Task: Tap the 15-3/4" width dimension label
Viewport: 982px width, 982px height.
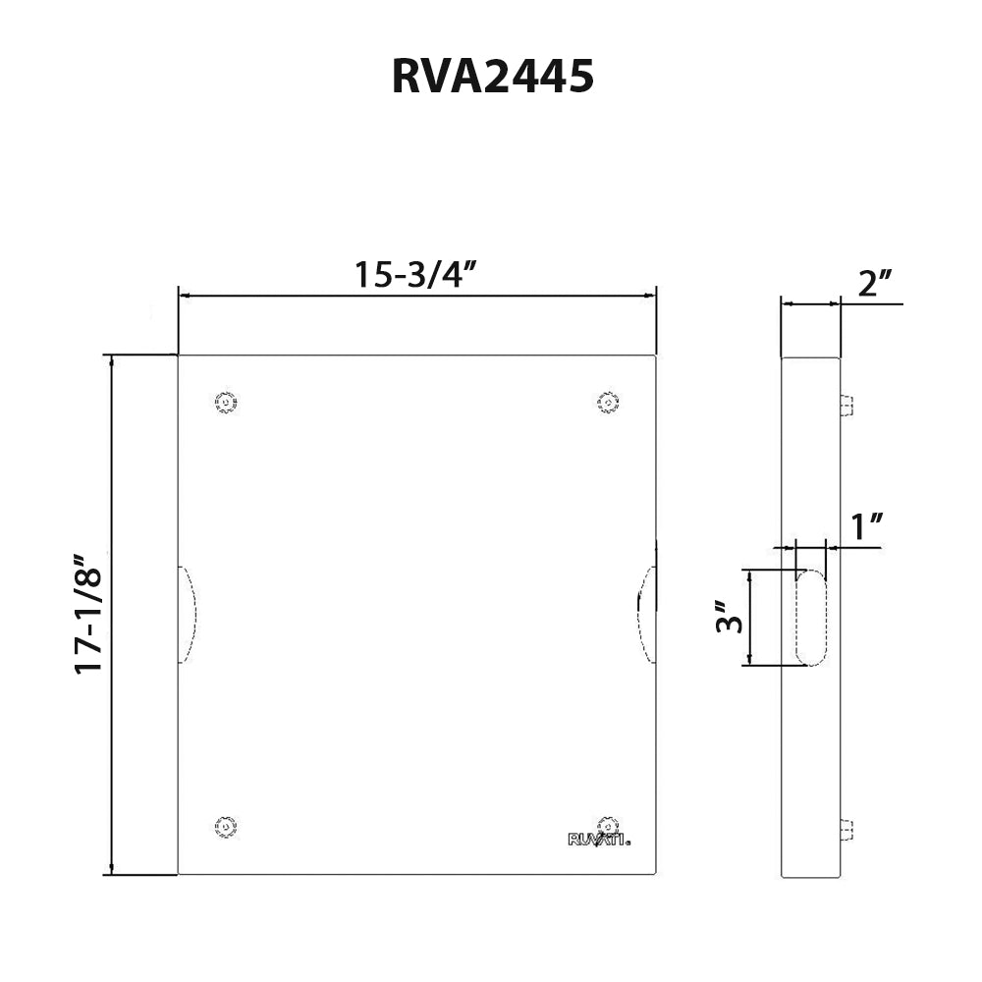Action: [415, 275]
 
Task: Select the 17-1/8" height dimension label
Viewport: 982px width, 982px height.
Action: [89, 615]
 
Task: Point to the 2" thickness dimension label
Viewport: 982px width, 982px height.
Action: [874, 284]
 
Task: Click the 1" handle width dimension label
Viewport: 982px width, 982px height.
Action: [864, 527]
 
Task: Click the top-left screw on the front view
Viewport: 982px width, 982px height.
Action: [227, 402]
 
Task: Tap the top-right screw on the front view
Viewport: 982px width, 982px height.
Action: [608, 402]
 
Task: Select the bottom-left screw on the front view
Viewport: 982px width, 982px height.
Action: [227, 827]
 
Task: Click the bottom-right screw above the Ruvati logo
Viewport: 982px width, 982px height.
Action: [607, 823]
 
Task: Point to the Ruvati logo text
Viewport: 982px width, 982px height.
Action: [599, 840]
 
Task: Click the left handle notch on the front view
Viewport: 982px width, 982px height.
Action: [187, 615]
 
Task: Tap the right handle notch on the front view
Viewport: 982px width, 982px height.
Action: [647, 615]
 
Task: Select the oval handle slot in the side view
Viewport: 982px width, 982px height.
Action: [810, 618]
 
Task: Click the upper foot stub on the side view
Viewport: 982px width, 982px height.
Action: [846, 405]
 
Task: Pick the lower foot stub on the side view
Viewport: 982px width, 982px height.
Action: [846, 830]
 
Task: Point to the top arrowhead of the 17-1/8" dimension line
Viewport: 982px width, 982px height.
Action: [112, 360]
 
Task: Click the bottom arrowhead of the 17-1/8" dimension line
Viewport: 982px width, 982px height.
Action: [112, 869]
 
